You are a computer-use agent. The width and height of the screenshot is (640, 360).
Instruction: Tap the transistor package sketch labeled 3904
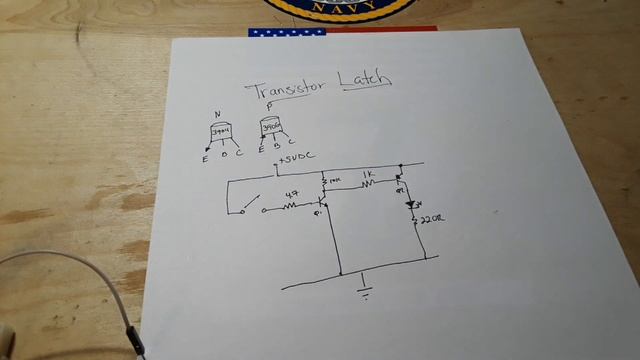click(220, 132)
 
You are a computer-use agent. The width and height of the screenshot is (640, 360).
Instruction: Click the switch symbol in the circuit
click(251, 205)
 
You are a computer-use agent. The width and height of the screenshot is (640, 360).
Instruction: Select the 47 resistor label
click(293, 194)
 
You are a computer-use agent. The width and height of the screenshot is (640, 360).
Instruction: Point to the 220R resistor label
click(432, 219)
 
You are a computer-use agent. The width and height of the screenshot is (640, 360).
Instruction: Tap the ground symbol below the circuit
click(366, 286)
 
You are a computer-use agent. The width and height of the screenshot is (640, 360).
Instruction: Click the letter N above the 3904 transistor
click(216, 113)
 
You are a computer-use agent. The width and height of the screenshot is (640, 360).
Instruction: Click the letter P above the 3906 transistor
click(268, 107)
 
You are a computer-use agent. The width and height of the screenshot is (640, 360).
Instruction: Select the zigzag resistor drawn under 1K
click(368, 183)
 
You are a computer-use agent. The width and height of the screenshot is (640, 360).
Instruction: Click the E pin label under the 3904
click(206, 157)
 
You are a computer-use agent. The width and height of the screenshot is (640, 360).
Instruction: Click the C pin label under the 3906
click(290, 153)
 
